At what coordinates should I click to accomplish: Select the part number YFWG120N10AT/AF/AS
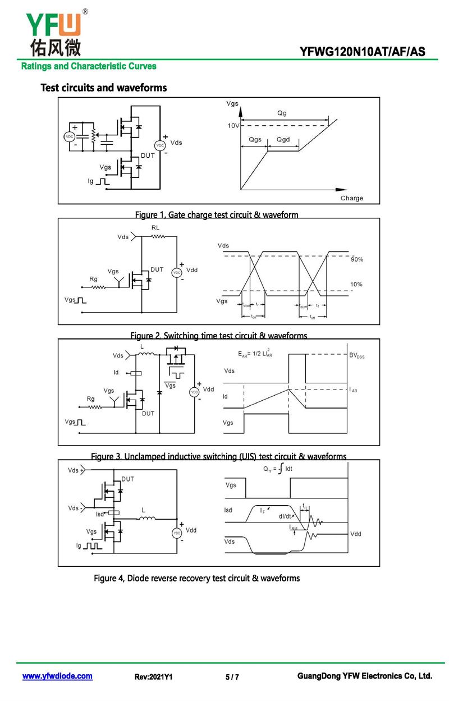pos(362,52)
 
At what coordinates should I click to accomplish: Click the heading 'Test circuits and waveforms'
pos(104,88)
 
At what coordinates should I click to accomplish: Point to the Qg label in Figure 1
pos(282,113)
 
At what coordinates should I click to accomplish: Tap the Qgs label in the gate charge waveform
pos(255,140)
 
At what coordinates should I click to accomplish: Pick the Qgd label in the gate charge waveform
pos(283,140)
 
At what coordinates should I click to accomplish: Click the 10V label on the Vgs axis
pos(233,126)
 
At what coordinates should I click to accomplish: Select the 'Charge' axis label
pos(352,198)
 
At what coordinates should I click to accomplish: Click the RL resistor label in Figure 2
pos(155,227)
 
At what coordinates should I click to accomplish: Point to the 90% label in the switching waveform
pos(357,260)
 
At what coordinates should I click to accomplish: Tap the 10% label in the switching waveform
pos(356,285)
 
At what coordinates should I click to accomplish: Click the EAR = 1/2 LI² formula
pos(255,354)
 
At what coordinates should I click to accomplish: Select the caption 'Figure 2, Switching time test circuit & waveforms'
pos(218,336)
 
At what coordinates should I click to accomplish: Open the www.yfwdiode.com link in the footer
pos(57,676)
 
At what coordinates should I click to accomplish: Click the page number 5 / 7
pos(232,677)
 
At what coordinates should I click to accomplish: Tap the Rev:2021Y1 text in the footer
pos(153,677)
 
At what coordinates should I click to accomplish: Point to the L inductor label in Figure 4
pos(143,510)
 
